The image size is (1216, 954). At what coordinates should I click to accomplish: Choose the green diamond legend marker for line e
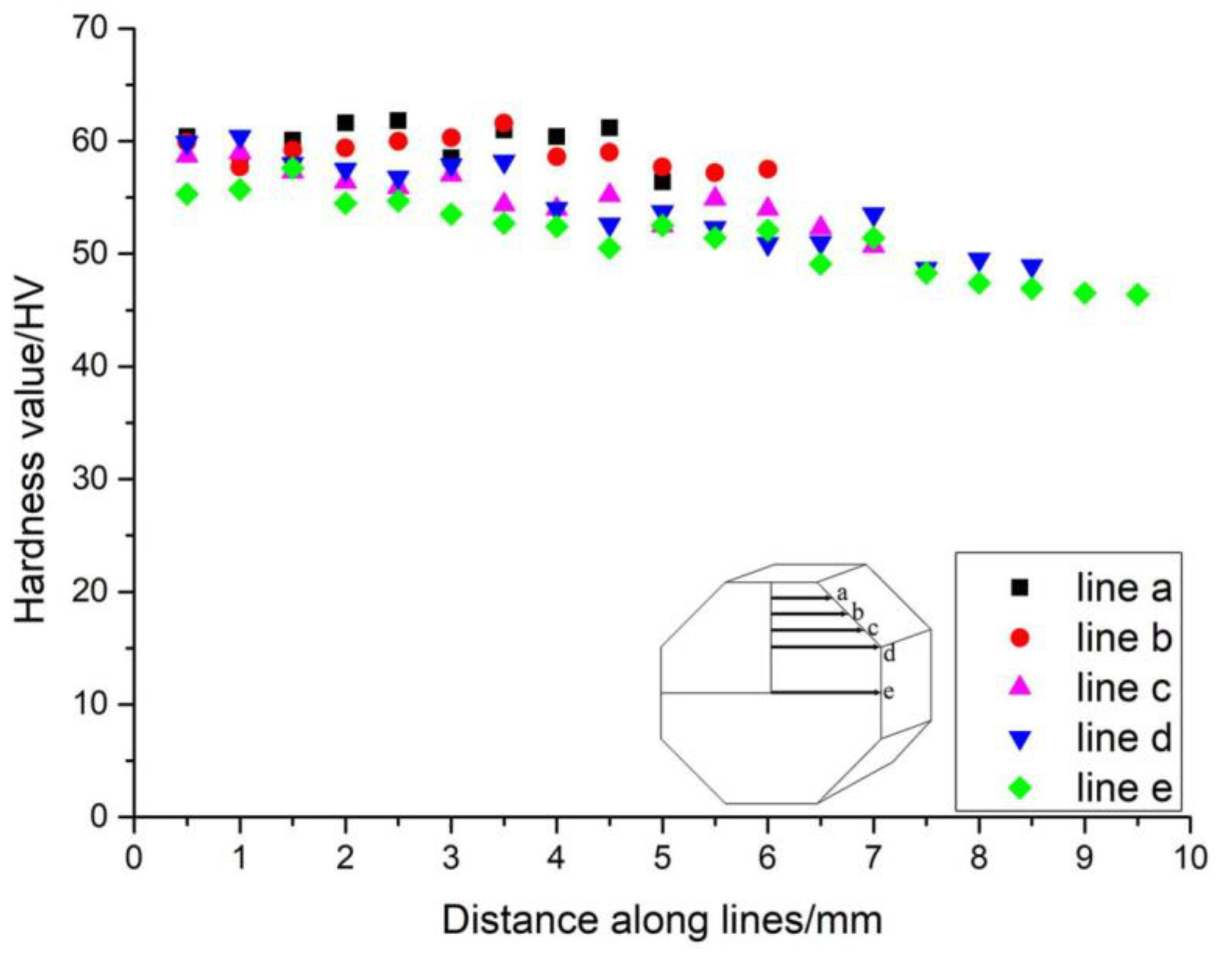(1020, 789)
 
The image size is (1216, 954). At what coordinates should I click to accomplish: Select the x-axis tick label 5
(662, 858)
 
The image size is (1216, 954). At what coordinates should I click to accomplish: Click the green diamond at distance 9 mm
(1085, 293)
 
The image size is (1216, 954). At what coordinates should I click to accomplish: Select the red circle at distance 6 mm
(768, 169)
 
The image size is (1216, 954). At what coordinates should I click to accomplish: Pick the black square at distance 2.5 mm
(398, 121)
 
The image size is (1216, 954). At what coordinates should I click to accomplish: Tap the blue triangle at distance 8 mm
(979, 261)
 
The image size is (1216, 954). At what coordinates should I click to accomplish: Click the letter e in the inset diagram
(889, 692)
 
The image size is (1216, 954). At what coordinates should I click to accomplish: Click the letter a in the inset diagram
(843, 593)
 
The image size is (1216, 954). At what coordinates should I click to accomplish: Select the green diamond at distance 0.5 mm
(188, 194)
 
